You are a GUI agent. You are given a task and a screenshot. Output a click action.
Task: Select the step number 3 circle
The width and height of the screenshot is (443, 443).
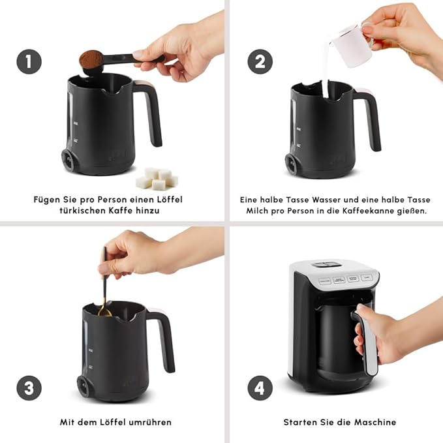[x=29, y=388]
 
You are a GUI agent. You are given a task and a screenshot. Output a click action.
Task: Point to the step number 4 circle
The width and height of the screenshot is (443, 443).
[x=260, y=388]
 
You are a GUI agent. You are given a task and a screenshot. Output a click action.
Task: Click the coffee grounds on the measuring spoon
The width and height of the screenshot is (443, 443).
[x=89, y=59]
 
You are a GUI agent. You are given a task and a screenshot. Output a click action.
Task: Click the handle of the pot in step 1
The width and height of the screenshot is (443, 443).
[x=152, y=111]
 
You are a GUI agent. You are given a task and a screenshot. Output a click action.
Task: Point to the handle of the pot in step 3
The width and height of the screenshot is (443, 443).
[x=163, y=336]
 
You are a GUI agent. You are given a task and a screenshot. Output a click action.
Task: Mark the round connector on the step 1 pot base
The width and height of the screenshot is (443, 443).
[x=67, y=158]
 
